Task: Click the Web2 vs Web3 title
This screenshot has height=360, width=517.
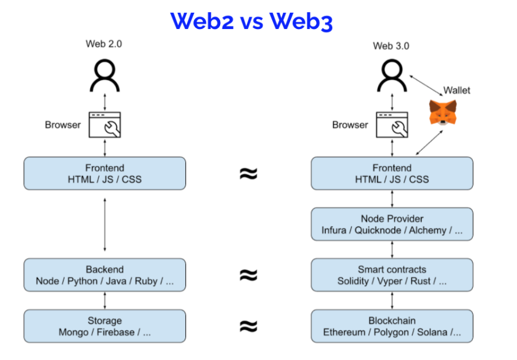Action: tap(251, 21)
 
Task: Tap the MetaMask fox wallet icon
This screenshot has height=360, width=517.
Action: tap(443, 112)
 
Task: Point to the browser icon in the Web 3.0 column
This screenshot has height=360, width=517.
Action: tap(392, 124)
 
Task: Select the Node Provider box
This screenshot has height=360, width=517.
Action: tap(392, 224)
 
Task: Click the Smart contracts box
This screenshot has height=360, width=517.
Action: tap(392, 275)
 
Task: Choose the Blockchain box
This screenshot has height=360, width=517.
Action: tap(392, 326)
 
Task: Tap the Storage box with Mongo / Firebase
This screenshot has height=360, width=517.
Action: tap(105, 326)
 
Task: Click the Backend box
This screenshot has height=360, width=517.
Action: tap(105, 275)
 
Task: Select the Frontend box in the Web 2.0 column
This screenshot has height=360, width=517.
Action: tap(105, 173)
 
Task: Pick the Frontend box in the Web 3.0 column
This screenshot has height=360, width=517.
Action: tap(392, 173)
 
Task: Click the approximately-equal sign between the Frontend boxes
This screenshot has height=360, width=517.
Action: tap(249, 173)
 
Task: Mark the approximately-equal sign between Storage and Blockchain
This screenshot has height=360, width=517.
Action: tap(249, 326)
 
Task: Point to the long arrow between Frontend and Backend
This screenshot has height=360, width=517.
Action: tap(105, 224)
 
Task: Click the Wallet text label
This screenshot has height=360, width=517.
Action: tap(457, 90)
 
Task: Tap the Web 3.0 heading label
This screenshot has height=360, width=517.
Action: tap(391, 46)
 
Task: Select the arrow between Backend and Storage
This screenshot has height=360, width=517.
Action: tap(105, 300)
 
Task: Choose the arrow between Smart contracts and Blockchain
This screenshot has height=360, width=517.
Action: tap(392, 300)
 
